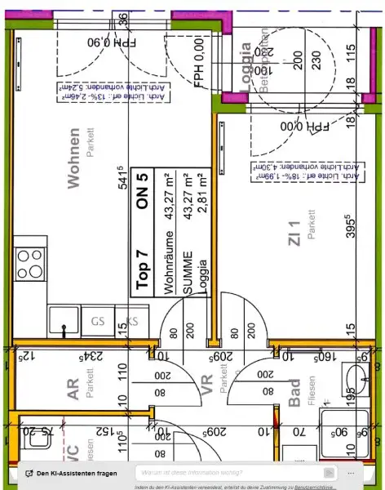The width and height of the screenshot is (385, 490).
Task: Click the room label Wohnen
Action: (x=74, y=158)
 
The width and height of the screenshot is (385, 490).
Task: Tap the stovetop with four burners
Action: (x=30, y=263)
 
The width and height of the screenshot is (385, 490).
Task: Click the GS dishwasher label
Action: (x=98, y=321)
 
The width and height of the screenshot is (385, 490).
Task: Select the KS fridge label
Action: (x=131, y=321)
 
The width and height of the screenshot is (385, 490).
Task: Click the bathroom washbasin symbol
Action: (x=357, y=381)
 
